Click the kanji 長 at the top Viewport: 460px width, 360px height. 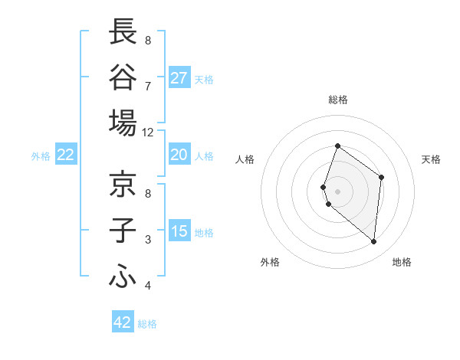click(123, 31)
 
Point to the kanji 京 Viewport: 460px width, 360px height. click(123, 184)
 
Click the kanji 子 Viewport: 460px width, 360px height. click(123, 230)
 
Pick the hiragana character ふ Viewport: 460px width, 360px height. click(123, 275)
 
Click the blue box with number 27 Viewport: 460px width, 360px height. click(179, 78)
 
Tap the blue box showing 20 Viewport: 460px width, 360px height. click(179, 155)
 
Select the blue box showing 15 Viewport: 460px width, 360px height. click(179, 231)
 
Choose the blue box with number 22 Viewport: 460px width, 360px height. click(66, 155)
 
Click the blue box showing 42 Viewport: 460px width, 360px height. click(123, 322)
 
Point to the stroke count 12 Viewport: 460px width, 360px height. click(147, 132)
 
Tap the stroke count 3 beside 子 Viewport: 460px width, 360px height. click(147, 240)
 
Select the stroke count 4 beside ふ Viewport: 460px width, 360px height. click(147, 286)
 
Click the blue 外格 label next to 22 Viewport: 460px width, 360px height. click(41, 156)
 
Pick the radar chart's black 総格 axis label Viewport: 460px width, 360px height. click(337, 100)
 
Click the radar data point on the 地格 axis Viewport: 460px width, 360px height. click(373, 241)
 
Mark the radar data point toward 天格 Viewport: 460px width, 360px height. click(381, 177)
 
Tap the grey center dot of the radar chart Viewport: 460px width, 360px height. click(337, 191)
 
